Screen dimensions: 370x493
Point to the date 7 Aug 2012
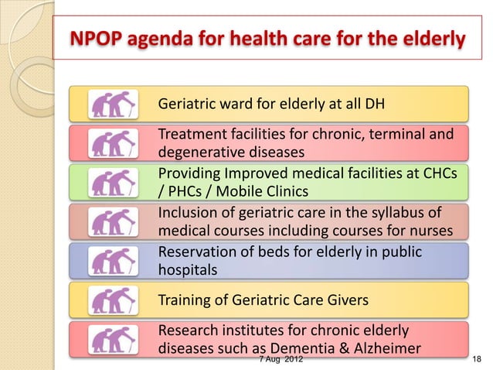[279, 360]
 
